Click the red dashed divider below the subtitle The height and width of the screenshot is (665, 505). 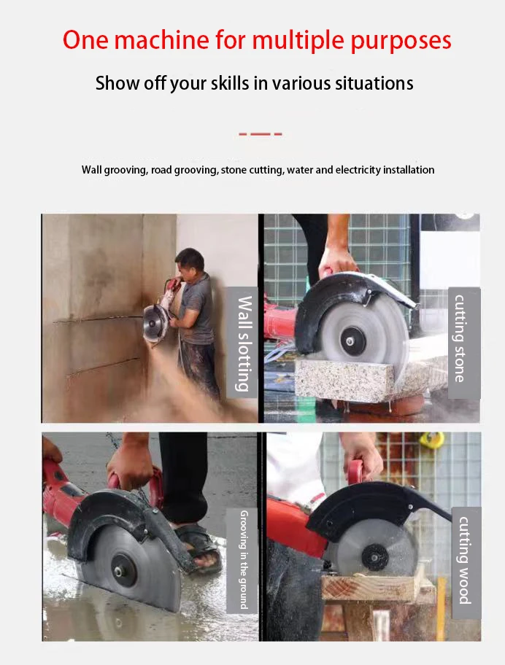[x=260, y=133]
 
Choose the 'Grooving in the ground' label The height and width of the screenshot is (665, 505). [x=243, y=560]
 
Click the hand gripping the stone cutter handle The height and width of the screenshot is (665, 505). [x=337, y=261]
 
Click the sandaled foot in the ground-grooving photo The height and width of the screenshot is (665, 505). [x=196, y=543]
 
